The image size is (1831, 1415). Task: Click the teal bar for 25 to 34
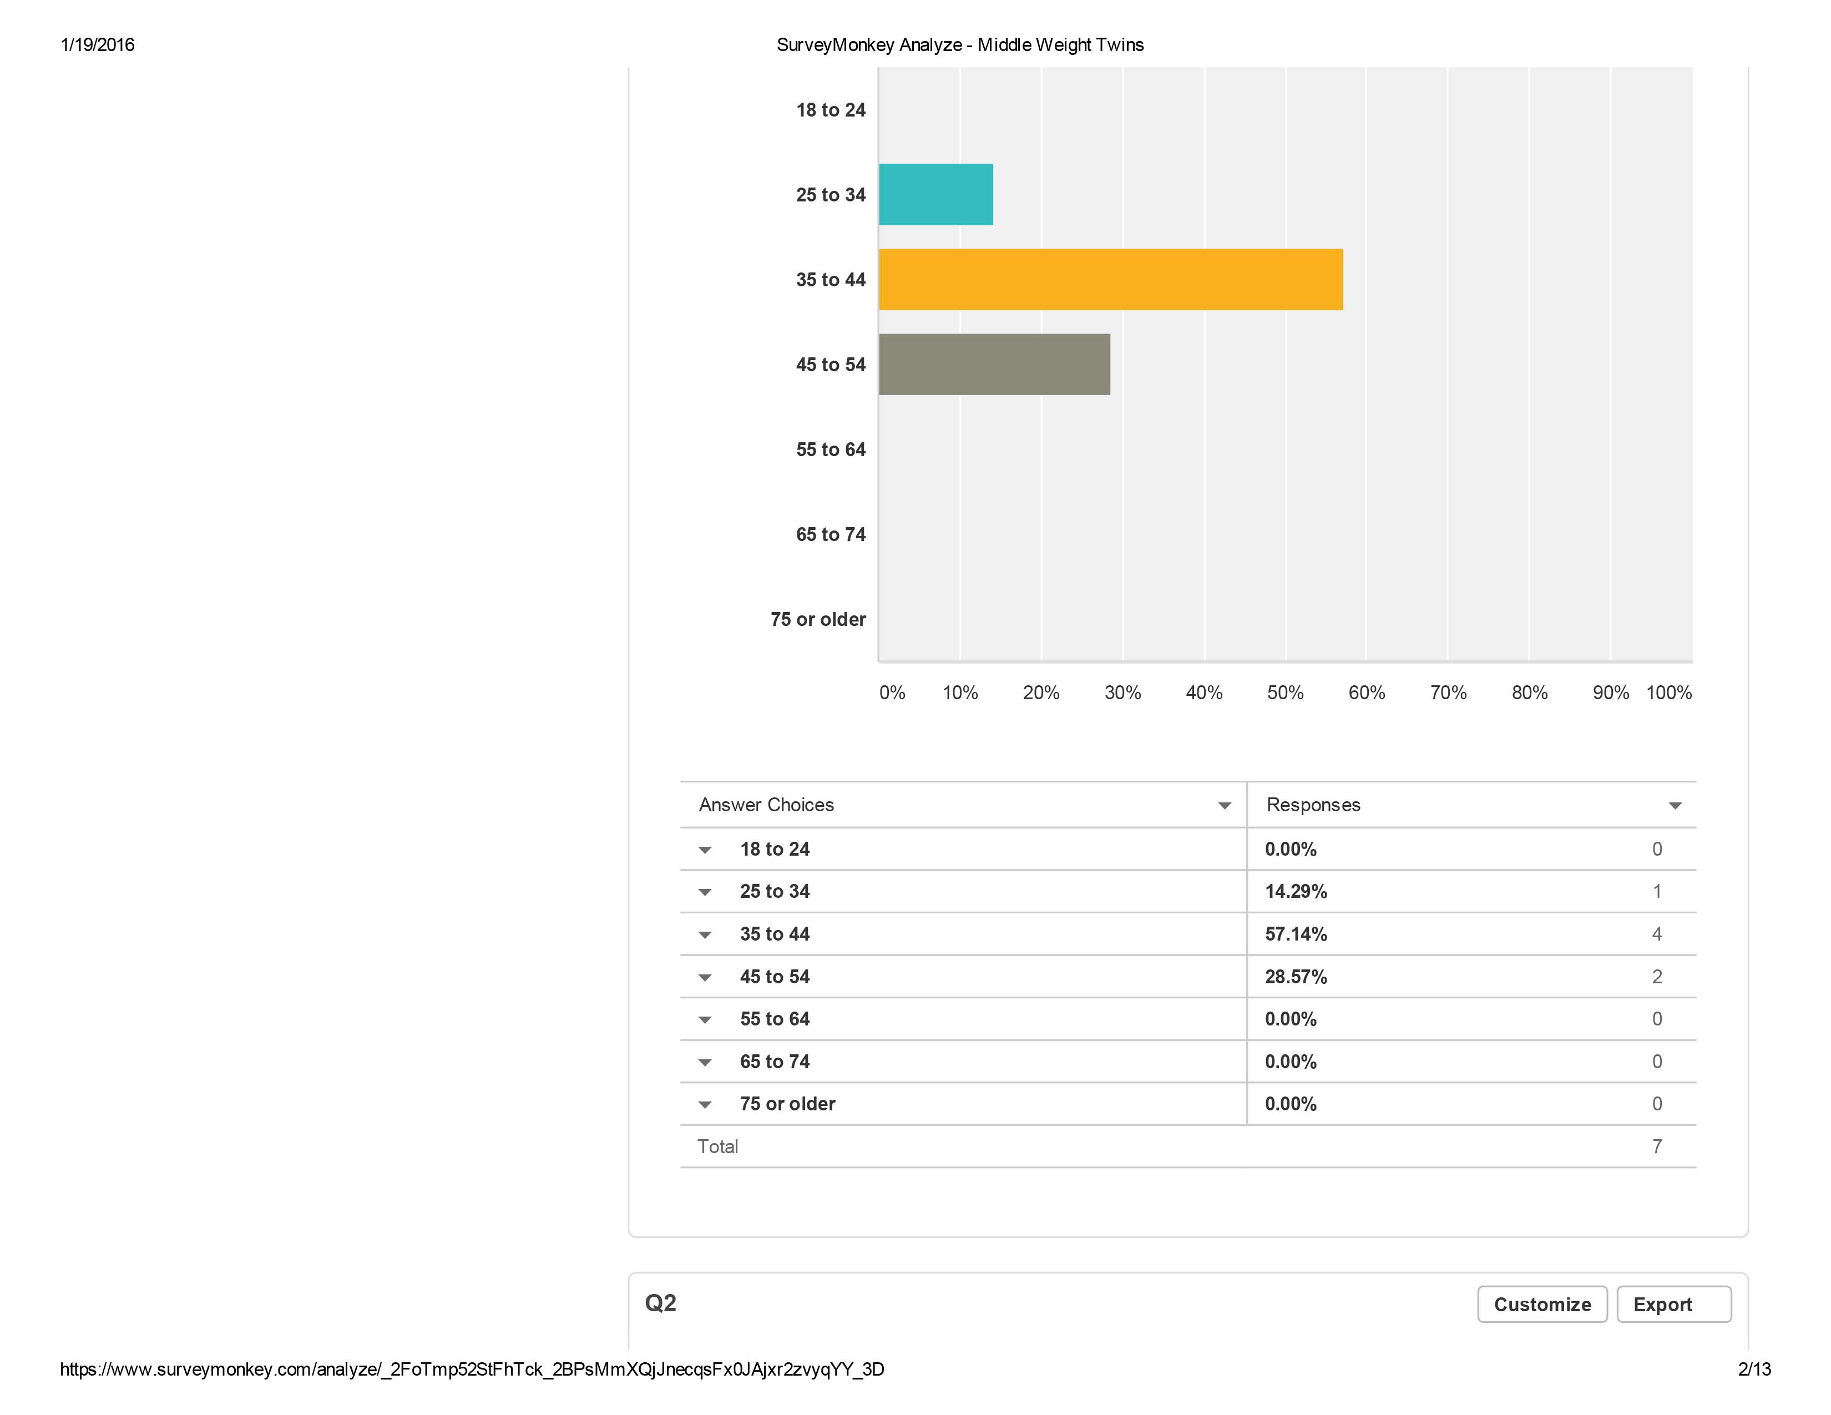[x=935, y=194]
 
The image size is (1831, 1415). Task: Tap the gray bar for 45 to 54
[x=994, y=365]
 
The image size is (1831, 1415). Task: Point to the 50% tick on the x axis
[x=1285, y=693]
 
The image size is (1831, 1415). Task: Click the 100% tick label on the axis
[x=1668, y=693]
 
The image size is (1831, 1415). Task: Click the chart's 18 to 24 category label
[x=830, y=110]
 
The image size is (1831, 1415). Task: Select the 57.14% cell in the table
[x=1295, y=934]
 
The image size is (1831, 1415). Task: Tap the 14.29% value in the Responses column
[x=1295, y=891]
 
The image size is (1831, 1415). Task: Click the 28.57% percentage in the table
[x=1295, y=977]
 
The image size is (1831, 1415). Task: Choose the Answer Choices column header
[x=766, y=805]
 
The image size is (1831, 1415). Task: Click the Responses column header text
[x=1313, y=805]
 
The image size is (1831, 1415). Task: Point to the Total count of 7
[x=1657, y=1147]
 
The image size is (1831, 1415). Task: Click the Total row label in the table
[x=717, y=1147]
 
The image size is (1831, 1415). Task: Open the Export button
[x=1672, y=1305]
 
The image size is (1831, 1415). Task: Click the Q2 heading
[x=661, y=1303]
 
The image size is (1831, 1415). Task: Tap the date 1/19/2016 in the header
[x=97, y=46]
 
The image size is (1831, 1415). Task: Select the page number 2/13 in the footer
[x=1754, y=1369]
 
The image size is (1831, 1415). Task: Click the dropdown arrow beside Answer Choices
[x=1224, y=806]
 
